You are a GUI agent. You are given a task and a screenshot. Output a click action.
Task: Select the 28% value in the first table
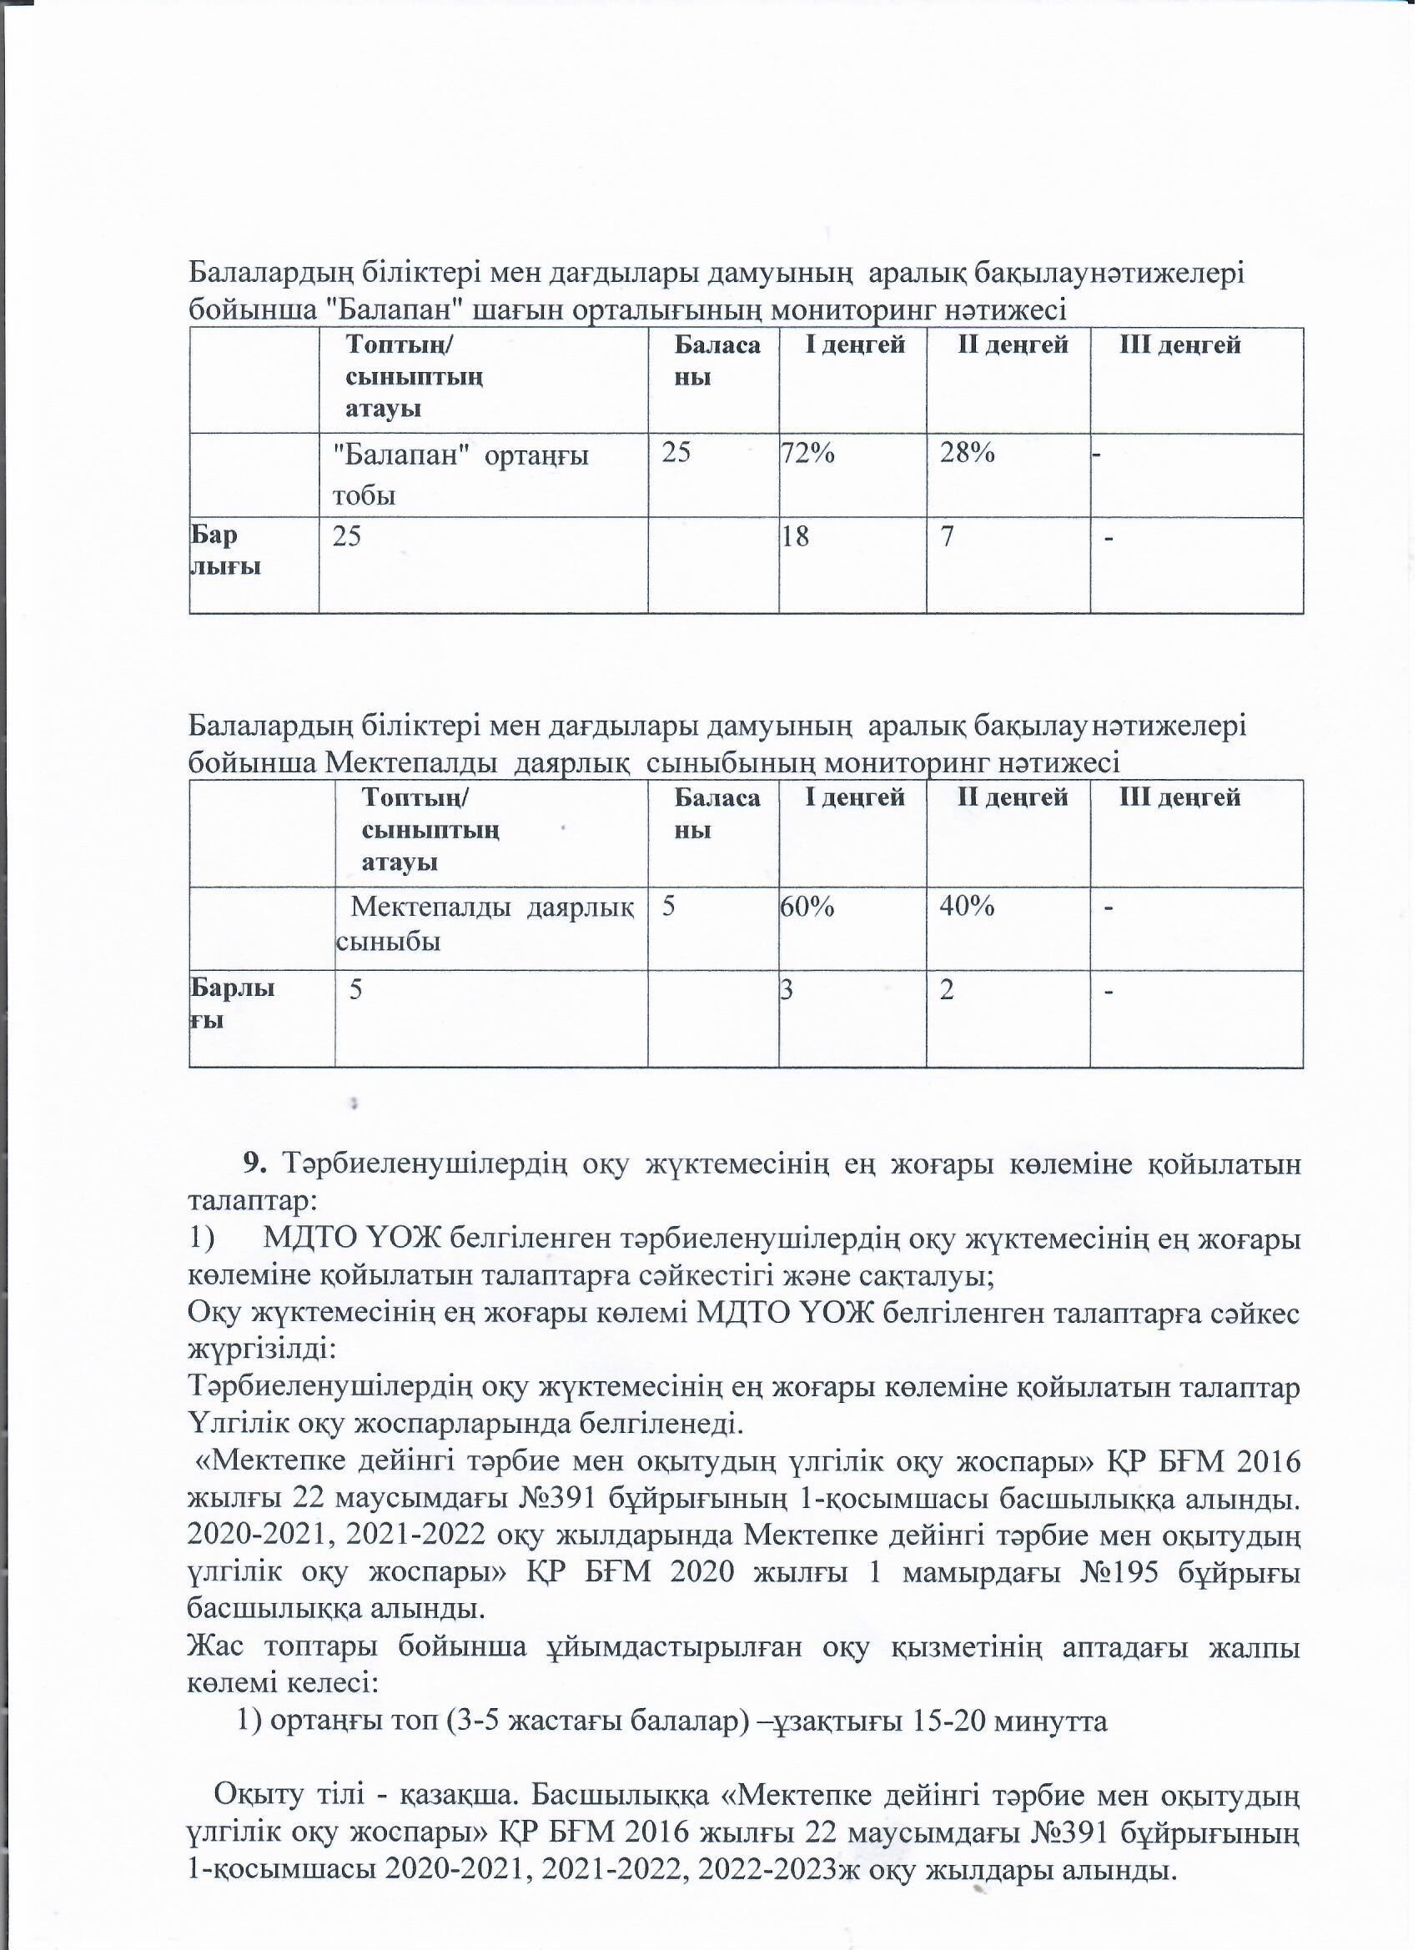pos(967,453)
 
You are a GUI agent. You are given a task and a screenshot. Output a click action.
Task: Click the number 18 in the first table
pos(796,537)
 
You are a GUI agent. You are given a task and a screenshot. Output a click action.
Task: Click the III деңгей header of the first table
pos(1179,345)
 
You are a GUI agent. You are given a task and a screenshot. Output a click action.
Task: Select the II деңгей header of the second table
pos(1013,798)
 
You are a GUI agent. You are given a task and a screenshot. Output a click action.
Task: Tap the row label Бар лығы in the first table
pos(225,551)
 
